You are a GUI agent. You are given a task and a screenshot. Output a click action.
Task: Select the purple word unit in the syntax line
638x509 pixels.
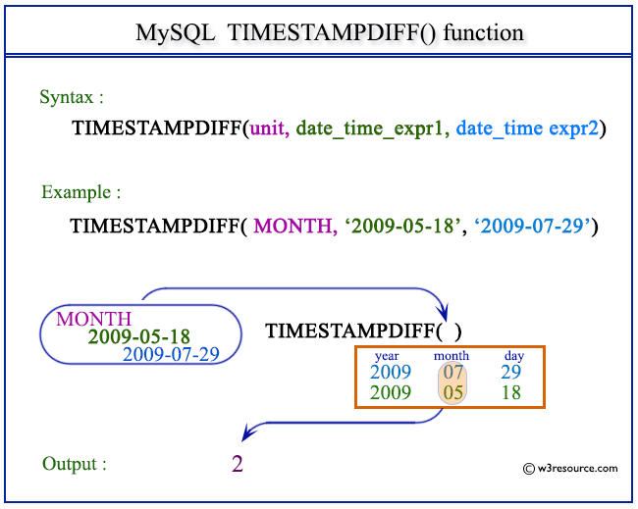[268, 127]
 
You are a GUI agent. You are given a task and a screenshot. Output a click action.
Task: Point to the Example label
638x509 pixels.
[81, 191]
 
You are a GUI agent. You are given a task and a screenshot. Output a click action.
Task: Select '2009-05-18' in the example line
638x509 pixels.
[396, 227]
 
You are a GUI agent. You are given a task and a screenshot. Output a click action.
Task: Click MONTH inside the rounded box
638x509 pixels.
[93, 318]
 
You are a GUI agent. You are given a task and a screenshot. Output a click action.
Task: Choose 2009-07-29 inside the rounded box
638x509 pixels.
[171, 354]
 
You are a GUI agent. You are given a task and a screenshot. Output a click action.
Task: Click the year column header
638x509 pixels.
[386, 356]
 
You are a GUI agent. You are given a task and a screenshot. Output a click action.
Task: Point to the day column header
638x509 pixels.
[513, 356]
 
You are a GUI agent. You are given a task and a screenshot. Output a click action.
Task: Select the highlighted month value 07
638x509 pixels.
[452, 373]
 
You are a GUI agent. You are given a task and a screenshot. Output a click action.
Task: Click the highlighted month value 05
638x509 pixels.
[452, 392]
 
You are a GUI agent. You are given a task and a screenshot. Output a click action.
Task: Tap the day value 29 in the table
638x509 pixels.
[509, 373]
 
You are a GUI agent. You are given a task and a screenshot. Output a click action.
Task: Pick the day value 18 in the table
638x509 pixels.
[509, 392]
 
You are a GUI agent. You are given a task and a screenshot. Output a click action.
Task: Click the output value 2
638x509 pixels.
[237, 463]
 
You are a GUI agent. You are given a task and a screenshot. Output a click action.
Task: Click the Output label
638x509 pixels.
[74, 463]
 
